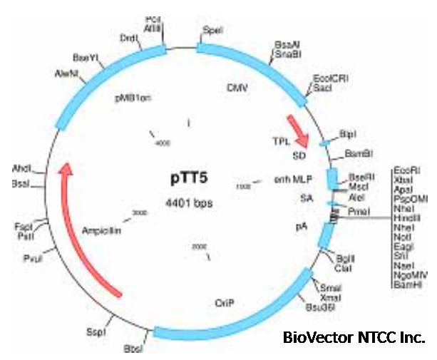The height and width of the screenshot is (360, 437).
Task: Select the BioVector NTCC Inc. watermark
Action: (354, 336)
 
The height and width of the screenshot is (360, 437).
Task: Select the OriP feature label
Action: (224, 303)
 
